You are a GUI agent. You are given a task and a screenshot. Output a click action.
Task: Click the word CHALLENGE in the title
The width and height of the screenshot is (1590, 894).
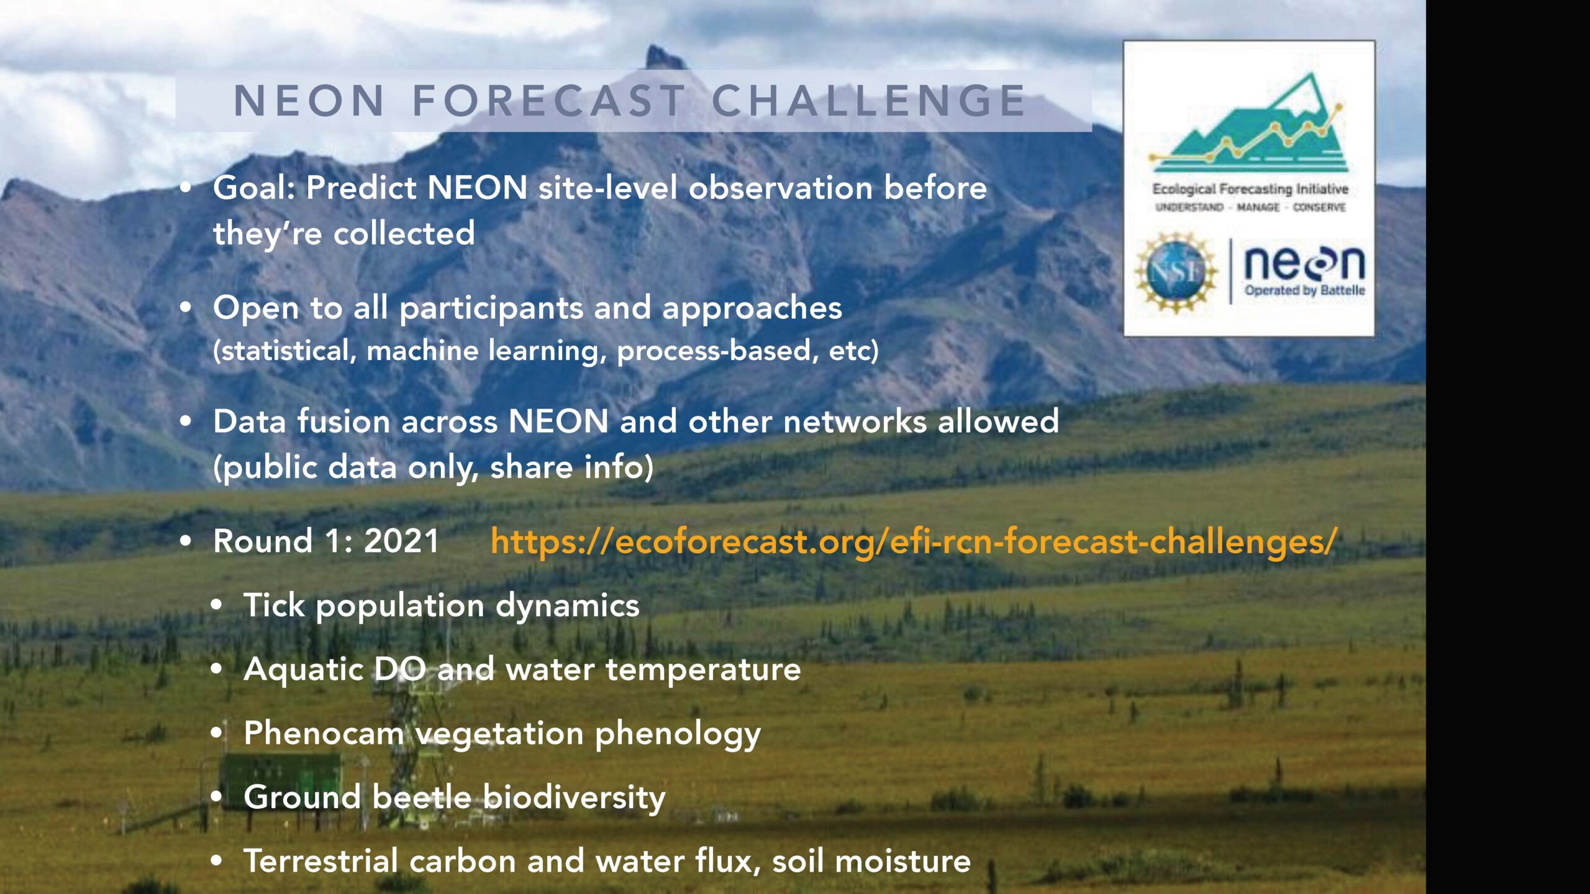(x=869, y=101)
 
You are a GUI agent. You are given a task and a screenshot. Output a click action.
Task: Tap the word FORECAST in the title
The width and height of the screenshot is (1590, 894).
(x=549, y=101)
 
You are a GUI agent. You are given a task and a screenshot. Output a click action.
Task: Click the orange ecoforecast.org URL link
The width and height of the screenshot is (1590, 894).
(x=913, y=541)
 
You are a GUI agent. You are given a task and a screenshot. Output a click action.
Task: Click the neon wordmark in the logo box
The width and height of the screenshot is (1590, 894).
(x=1304, y=263)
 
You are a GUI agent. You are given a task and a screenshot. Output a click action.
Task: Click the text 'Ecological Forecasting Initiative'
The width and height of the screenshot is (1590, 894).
(x=1250, y=188)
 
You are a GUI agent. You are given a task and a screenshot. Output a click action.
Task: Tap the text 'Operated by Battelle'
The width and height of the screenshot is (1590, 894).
(x=1304, y=291)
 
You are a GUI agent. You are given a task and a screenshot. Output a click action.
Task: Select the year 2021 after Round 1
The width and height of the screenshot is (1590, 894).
(x=401, y=541)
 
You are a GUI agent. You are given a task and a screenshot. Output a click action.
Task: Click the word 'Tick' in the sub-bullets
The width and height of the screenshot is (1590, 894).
(x=274, y=605)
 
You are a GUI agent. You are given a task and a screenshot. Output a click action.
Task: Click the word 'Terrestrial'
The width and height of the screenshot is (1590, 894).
(x=320, y=861)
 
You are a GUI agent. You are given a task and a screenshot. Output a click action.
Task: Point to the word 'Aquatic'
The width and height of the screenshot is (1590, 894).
(x=303, y=669)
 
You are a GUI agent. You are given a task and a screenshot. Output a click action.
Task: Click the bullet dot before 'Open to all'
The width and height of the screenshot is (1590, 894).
(x=186, y=307)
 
